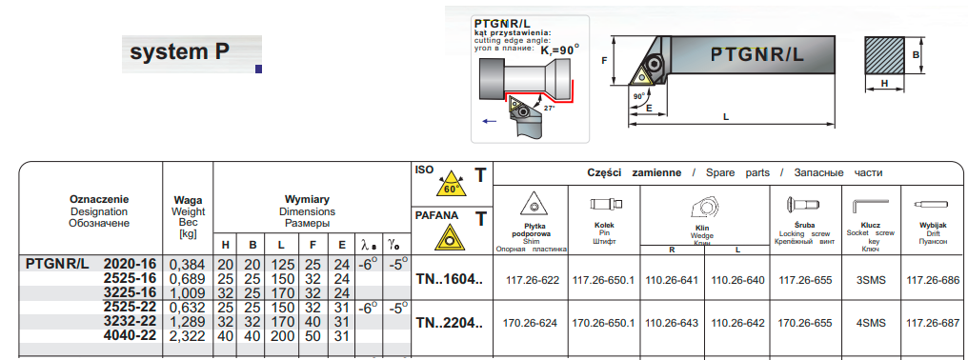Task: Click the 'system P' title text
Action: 180,51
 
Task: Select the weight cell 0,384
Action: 187,265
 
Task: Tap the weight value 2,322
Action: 187,336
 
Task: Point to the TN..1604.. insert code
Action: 450,279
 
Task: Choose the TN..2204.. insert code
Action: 450,323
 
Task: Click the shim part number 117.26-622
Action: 533,280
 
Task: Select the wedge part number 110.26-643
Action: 672,323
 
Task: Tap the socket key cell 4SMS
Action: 872,323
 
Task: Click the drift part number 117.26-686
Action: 933,280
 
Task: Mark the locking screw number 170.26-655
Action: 805,323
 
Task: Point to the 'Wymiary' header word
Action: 307,199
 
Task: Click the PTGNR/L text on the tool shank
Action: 757,54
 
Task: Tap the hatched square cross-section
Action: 884,55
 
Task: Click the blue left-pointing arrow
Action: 489,121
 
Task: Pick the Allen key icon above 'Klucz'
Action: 871,206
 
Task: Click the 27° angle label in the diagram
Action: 549,108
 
